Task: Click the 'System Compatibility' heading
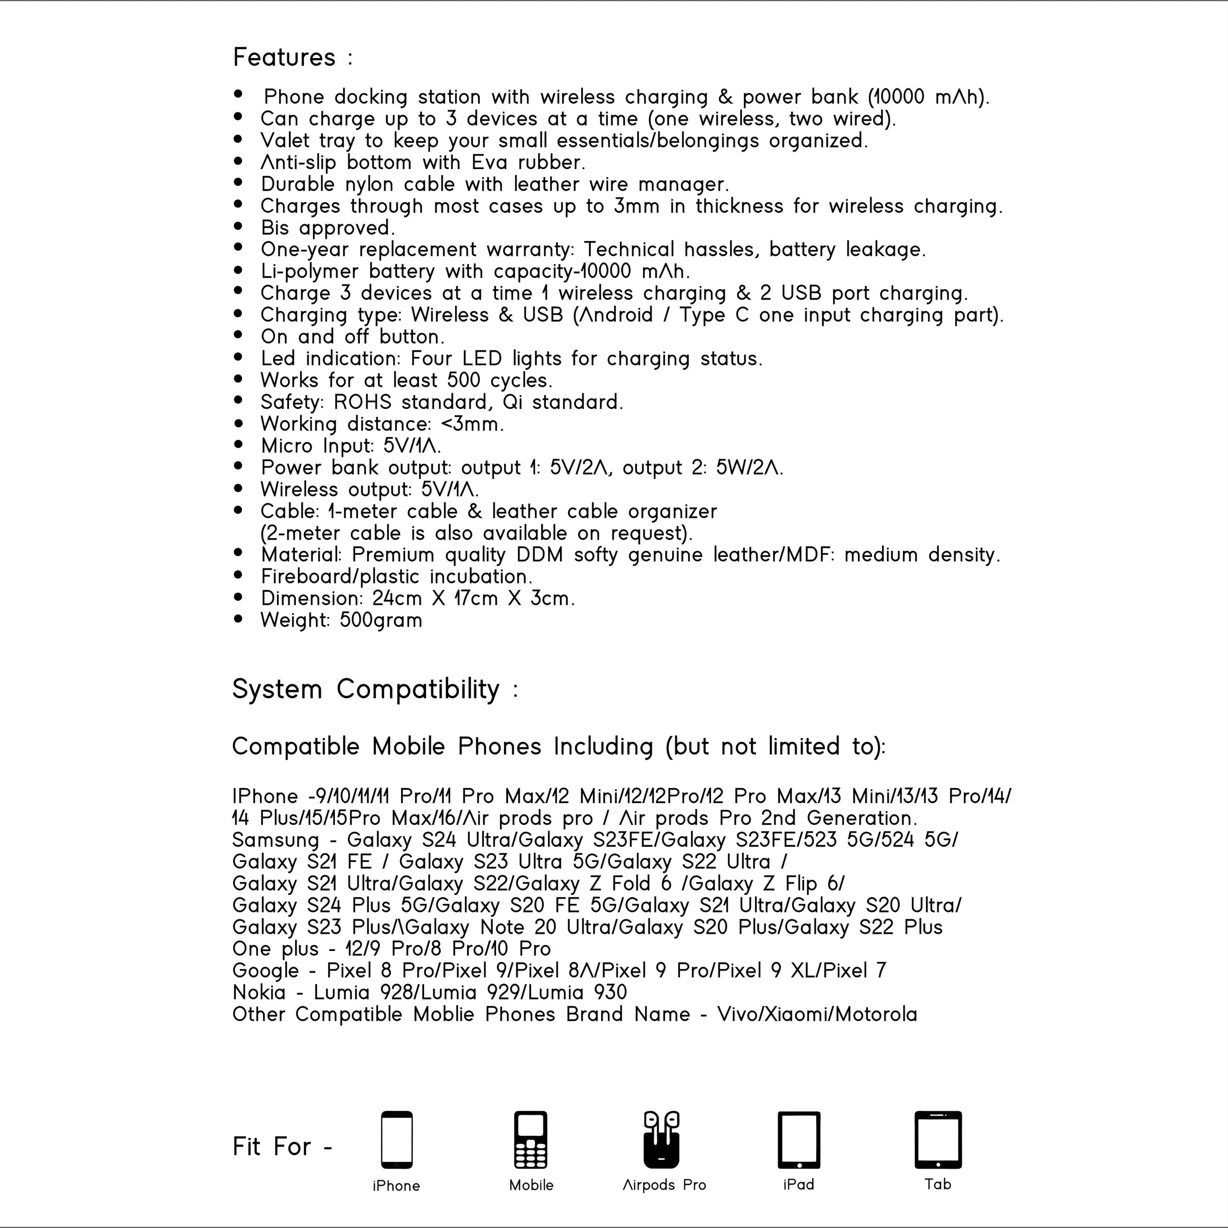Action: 366,689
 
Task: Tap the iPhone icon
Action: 397,1140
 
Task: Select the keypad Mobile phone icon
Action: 531,1140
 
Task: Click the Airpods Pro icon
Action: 661,1140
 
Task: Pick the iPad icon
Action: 799,1140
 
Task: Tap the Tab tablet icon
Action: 937,1140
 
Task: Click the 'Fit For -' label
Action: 282,1147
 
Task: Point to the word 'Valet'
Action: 284,140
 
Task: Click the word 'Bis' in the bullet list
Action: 275,228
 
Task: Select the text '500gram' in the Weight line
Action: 381,620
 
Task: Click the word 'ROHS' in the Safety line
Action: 362,402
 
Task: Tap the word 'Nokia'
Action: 259,992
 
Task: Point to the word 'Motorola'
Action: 876,1014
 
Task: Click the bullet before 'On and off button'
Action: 238,334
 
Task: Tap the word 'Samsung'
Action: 275,840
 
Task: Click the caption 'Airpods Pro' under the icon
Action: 664,1185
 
